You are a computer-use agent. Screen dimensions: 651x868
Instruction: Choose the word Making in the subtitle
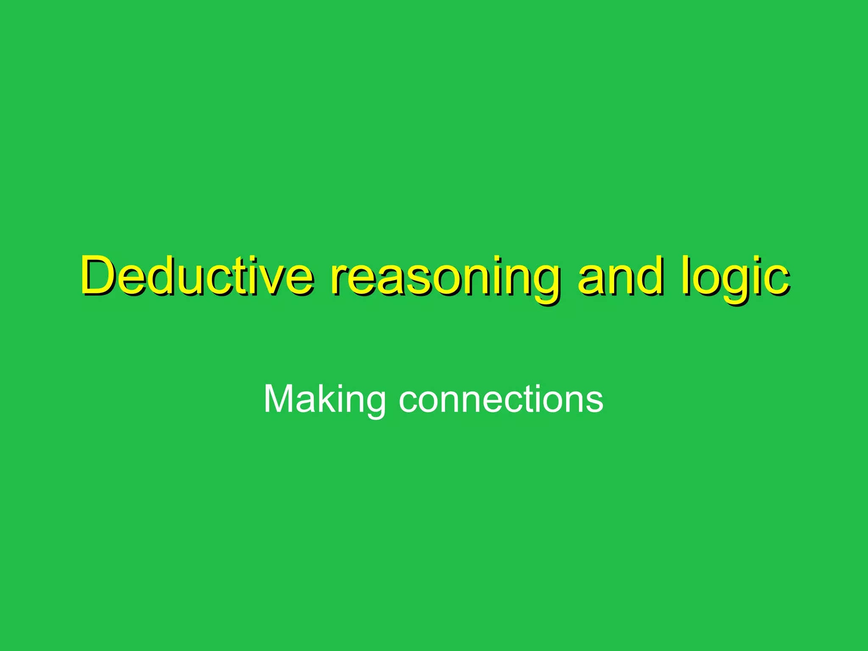324,399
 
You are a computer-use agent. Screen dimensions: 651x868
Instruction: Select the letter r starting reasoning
339,280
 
